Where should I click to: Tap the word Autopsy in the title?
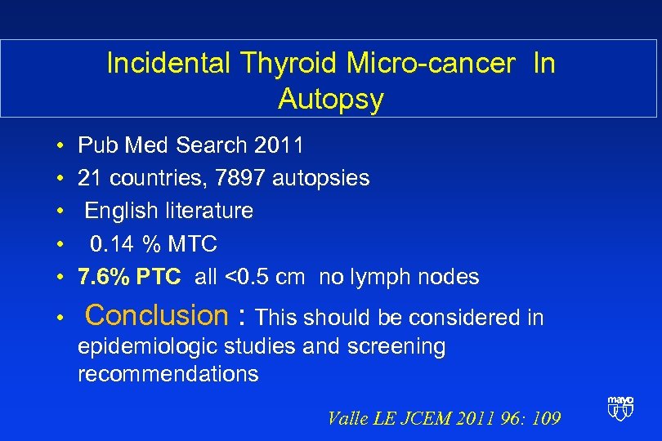pyautogui.click(x=330, y=100)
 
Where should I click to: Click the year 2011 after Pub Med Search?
pyautogui.click(x=279, y=146)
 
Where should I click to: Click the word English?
pyautogui.click(x=123, y=211)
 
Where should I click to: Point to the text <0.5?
pyautogui.click(x=248, y=277)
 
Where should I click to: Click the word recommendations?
pyautogui.click(x=168, y=375)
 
